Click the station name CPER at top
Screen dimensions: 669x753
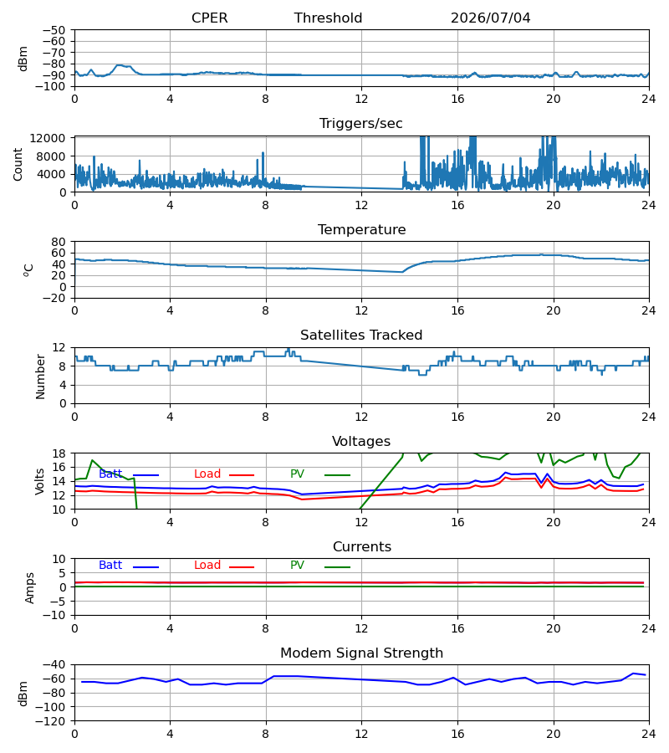click(209, 18)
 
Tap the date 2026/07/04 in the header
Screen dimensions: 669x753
click(491, 18)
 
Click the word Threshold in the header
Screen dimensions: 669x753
click(329, 18)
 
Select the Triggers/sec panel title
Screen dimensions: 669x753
click(361, 124)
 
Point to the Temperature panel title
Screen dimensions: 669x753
click(361, 229)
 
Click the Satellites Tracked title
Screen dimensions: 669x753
click(361, 336)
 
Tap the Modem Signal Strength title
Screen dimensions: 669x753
click(361, 653)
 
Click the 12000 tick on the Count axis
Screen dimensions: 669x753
click(48, 138)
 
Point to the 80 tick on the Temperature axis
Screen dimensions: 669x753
click(59, 242)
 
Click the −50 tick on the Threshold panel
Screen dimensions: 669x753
click(54, 30)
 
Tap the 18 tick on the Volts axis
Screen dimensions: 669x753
click(59, 453)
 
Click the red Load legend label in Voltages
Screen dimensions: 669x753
click(207, 474)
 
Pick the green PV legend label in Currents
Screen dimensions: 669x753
click(297, 566)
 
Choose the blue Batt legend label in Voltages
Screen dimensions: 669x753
click(110, 474)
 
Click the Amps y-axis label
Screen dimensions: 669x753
click(30, 588)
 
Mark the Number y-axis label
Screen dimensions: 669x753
click(40, 376)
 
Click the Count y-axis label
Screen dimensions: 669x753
click(18, 164)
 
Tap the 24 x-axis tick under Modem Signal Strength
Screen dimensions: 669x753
click(649, 734)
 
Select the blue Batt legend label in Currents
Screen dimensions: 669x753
click(110, 566)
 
